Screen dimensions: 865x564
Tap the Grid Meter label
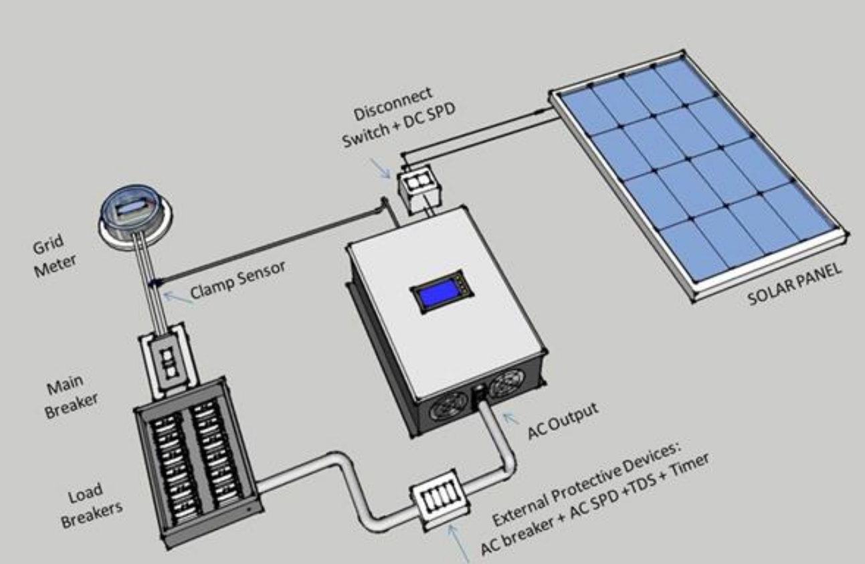(x=54, y=256)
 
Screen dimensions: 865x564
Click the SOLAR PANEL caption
(x=794, y=284)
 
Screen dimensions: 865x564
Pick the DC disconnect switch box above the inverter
(x=419, y=188)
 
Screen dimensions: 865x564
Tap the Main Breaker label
(x=71, y=396)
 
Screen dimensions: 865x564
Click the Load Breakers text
(x=91, y=506)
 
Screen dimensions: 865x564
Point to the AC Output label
(x=562, y=421)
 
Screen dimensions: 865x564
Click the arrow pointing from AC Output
(x=511, y=419)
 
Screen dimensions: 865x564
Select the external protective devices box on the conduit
(x=440, y=500)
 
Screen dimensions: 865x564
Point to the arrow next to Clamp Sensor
(x=178, y=299)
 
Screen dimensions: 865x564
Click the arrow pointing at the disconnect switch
(x=380, y=169)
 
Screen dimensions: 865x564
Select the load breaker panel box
(x=198, y=462)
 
